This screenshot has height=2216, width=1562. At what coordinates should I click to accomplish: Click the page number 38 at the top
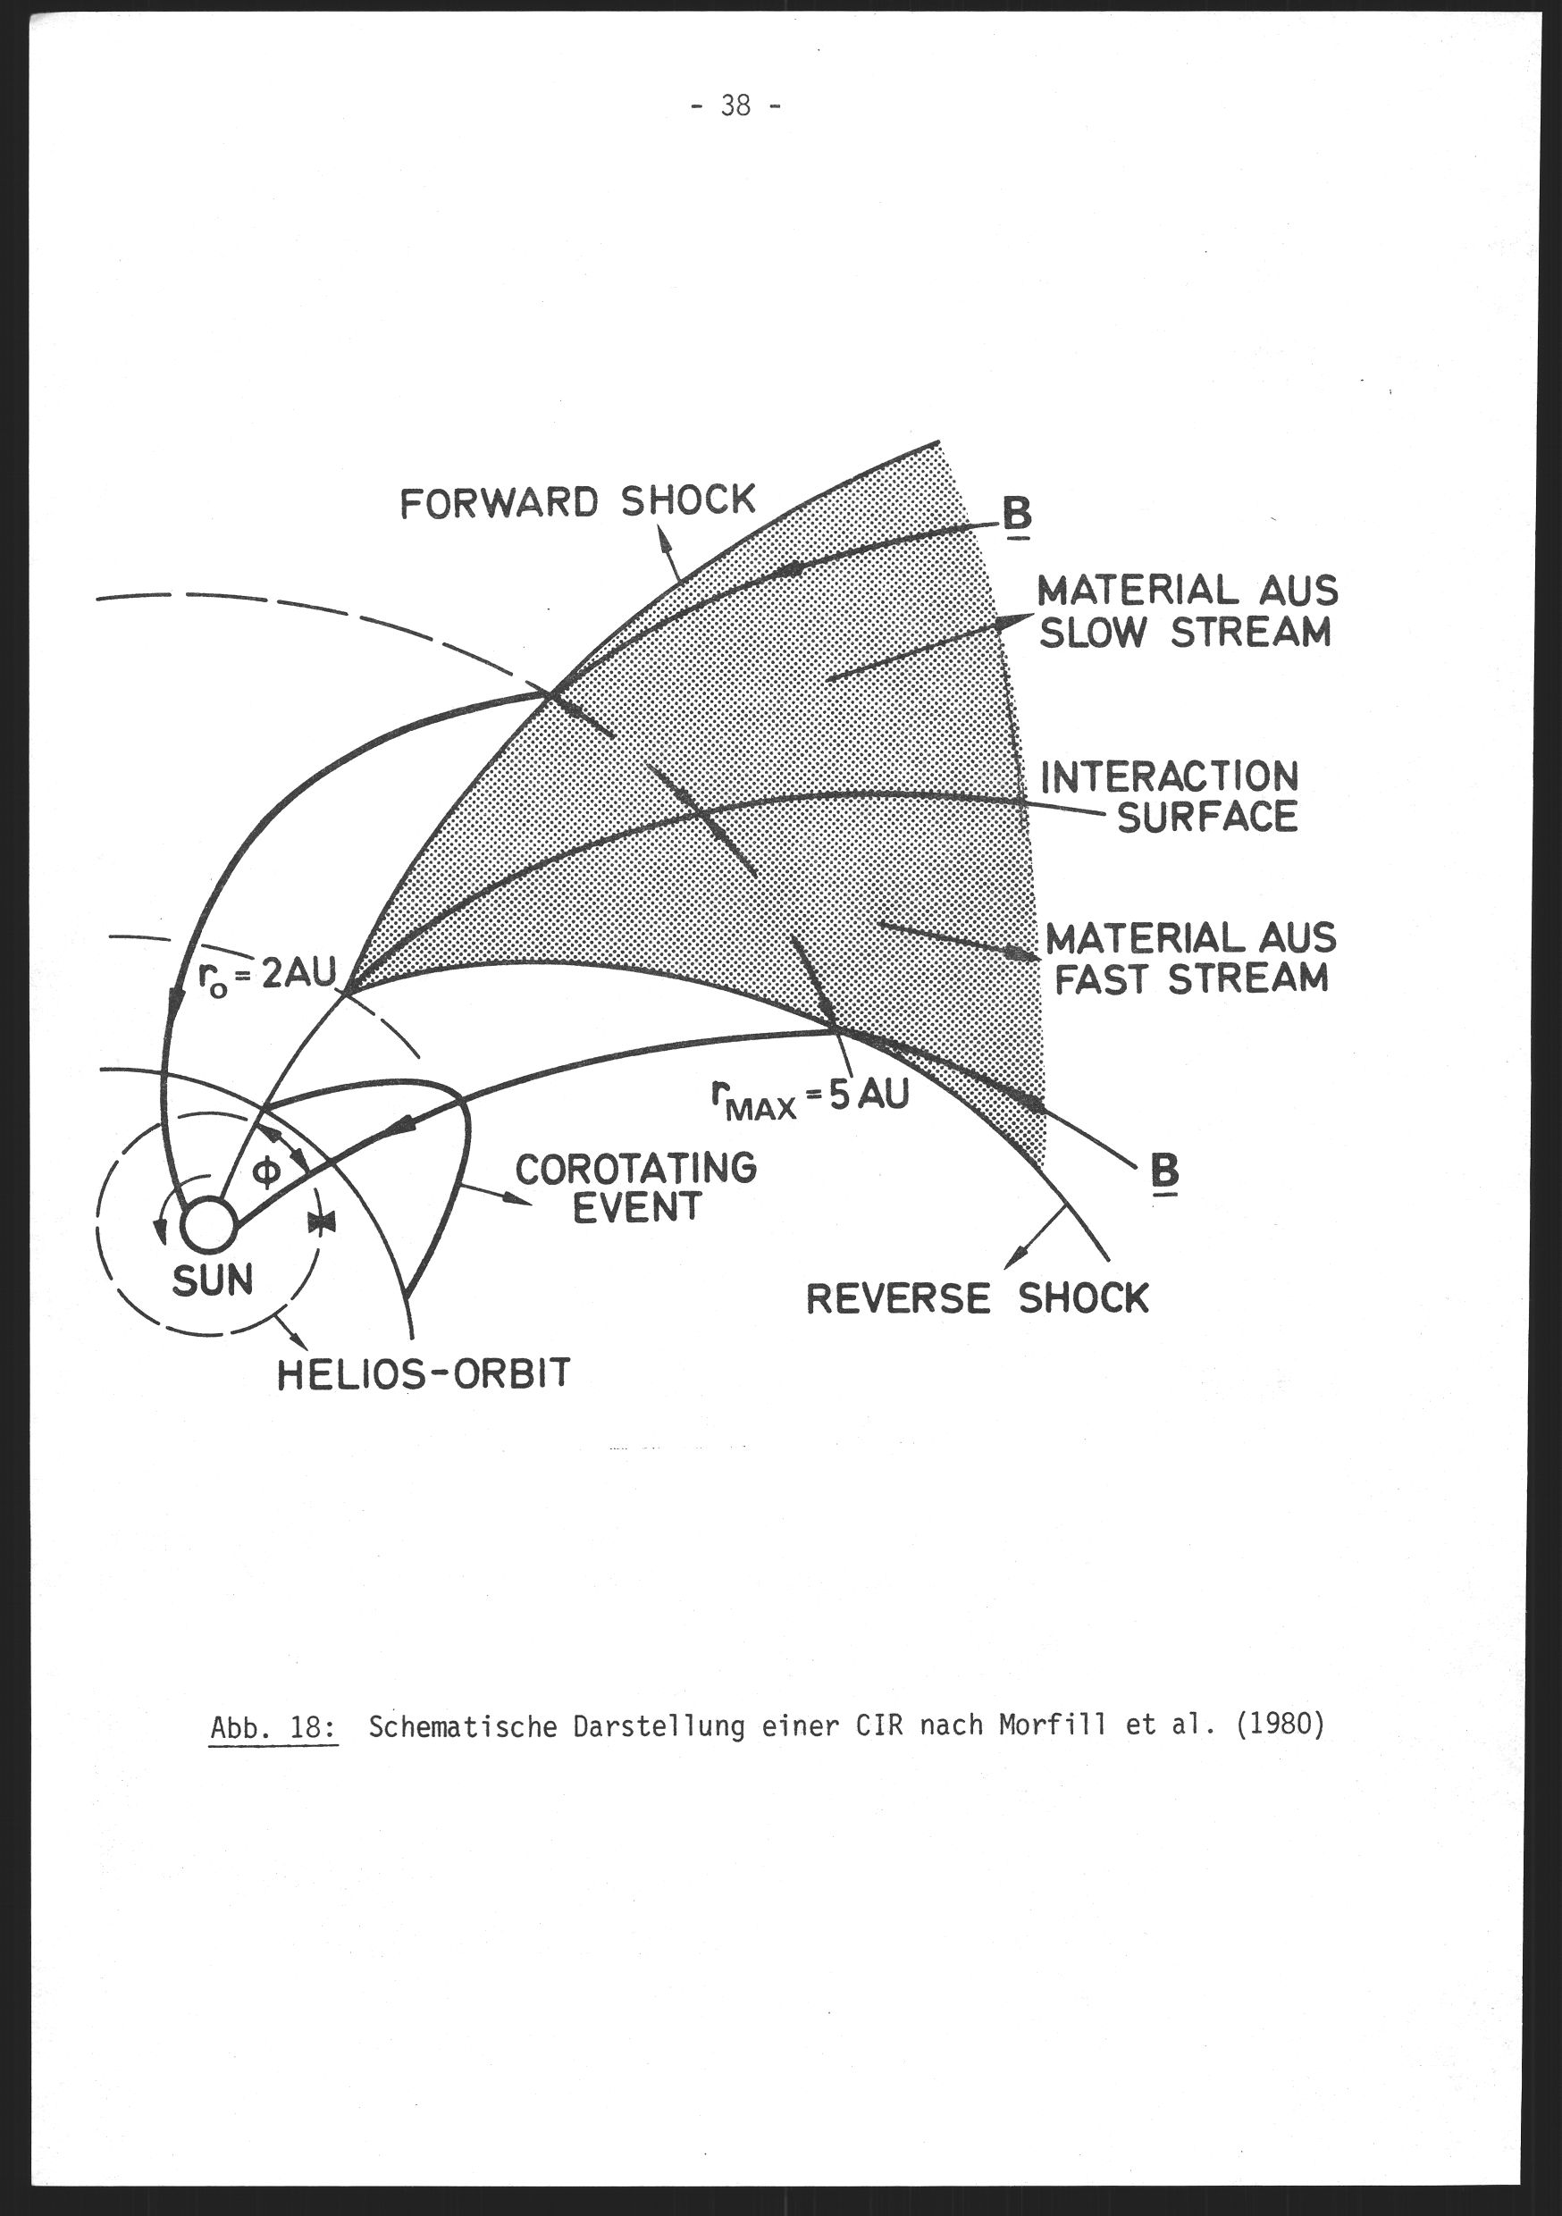click(735, 105)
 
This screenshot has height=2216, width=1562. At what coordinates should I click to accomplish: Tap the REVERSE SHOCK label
click(977, 1298)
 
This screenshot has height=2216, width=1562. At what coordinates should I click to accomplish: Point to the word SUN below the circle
click(213, 1280)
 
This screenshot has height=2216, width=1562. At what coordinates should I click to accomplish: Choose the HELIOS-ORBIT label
click(424, 1373)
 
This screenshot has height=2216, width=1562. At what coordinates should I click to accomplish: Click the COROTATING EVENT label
click(636, 1188)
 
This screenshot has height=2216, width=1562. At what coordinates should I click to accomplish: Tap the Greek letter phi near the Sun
click(267, 1172)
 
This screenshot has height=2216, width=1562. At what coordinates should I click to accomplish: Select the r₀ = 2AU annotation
click(266, 977)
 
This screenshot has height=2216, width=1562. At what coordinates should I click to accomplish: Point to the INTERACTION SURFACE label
click(1170, 796)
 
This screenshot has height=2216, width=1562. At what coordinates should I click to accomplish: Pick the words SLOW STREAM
click(1185, 632)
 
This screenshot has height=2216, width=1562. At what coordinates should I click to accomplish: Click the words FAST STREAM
click(1191, 978)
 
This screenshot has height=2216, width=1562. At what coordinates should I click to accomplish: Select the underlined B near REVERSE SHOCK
click(1164, 1173)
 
